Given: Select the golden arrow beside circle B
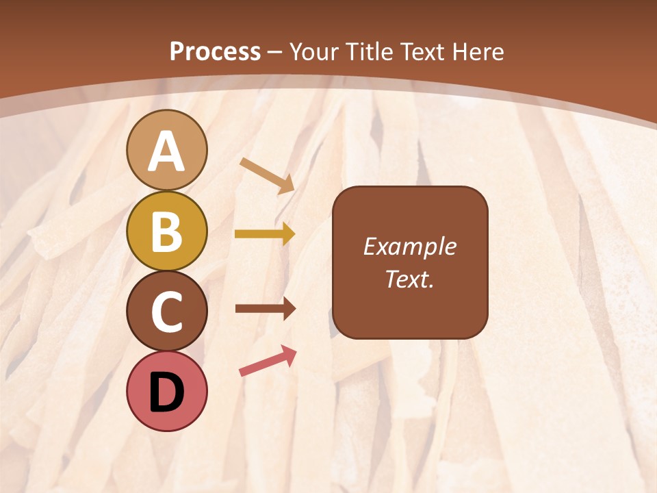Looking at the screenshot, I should [264, 234].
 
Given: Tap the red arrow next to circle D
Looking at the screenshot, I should [268, 361].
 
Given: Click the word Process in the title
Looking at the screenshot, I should [215, 51].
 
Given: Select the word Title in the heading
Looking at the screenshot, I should [370, 51].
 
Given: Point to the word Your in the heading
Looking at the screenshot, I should [313, 51].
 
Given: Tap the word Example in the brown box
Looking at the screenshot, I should [409, 247].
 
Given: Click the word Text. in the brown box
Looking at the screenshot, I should [409, 279].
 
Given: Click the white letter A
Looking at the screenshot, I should [166, 152].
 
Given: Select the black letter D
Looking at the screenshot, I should [166, 392].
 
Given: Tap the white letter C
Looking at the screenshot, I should [166, 312].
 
